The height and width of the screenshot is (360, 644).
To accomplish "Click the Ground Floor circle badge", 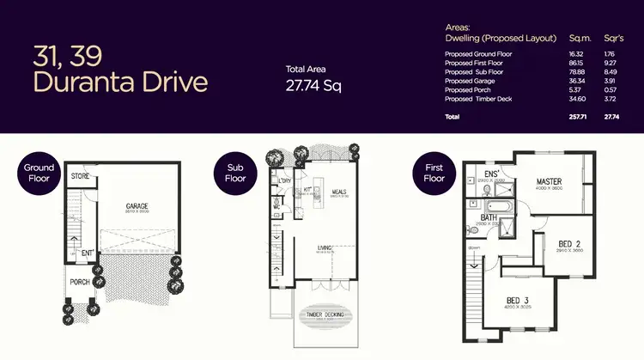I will (39, 174).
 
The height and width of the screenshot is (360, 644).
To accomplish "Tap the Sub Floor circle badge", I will (235, 174).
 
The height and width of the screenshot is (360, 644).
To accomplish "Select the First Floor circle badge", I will (434, 173).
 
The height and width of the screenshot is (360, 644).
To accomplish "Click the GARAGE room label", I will (138, 206).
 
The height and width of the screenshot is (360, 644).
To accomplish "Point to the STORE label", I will (82, 178).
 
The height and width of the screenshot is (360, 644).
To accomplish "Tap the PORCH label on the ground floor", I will (80, 281).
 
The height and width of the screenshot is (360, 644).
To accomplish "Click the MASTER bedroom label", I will (549, 181).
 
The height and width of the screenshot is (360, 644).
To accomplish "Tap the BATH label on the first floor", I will (489, 217).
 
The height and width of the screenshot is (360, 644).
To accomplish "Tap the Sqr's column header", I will (613, 38).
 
